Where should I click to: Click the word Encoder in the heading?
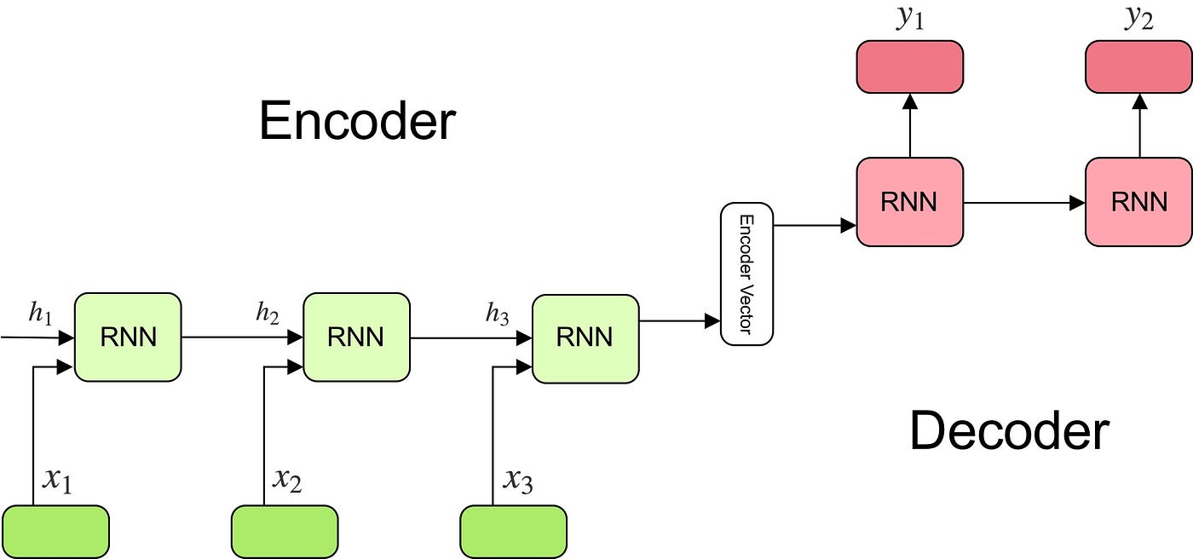(357, 121)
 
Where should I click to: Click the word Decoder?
(1009, 430)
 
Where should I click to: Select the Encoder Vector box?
(746, 274)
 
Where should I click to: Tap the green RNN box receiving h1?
(128, 337)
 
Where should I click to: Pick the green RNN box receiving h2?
(356, 337)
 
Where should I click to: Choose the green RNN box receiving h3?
(585, 337)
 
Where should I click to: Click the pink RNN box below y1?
(909, 201)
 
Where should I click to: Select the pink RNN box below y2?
(1138, 201)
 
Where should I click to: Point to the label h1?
(40, 314)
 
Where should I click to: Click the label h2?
(268, 314)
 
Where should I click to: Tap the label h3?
(498, 314)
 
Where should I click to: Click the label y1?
(909, 19)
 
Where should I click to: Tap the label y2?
(1138, 19)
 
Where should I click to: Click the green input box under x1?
(56, 532)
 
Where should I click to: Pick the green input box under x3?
(513, 532)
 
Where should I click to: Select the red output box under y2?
(1138, 66)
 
